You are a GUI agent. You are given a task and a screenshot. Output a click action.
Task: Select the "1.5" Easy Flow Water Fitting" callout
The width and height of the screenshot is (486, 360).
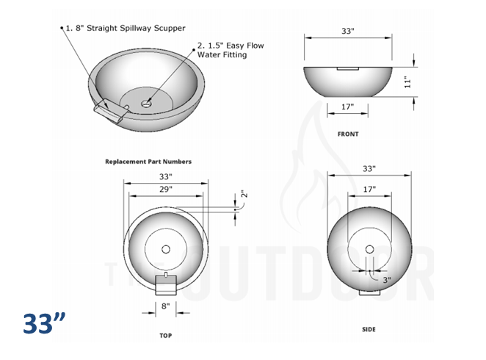[231, 51]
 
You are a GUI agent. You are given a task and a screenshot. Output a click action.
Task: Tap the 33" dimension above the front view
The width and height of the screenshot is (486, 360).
[348, 31]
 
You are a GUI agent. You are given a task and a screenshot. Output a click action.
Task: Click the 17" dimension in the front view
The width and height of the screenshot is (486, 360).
[348, 107]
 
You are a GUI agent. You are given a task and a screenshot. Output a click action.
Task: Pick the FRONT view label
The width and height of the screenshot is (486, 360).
[348, 134]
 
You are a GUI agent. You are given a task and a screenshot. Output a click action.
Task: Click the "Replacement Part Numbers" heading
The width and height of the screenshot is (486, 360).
[148, 162]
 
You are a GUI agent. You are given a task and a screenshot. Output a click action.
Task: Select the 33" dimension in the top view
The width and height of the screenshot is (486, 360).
[165, 177]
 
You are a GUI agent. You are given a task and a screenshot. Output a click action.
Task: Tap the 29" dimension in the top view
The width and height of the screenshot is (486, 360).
[165, 190]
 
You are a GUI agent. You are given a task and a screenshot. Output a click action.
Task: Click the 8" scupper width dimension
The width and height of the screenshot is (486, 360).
[166, 306]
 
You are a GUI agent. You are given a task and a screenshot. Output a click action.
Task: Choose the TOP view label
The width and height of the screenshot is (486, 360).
[166, 335]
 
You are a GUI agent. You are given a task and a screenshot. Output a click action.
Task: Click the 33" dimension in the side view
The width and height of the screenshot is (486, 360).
[369, 169]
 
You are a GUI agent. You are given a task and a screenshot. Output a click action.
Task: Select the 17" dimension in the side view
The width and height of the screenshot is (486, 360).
[369, 190]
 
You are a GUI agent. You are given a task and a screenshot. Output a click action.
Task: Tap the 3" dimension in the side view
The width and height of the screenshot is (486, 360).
[386, 280]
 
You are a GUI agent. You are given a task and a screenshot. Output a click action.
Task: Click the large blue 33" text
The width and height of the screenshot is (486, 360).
[44, 323]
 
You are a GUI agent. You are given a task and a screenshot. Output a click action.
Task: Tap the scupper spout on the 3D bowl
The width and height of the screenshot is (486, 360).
[111, 109]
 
